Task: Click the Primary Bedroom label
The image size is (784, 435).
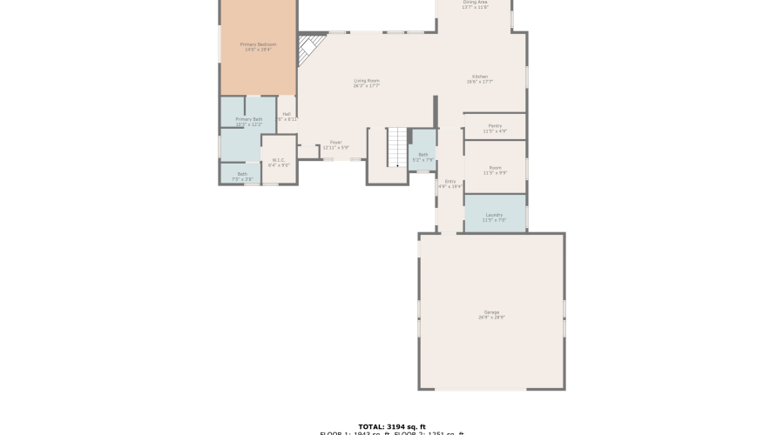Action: tap(258, 44)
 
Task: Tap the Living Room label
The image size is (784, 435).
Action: tap(366, 81)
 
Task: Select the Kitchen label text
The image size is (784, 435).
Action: tap(479, 77)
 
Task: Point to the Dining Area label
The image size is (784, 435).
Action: tap(475, 3)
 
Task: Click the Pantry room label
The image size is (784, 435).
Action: tap(495, 126)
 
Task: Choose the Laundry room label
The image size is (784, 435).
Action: tap(494, 215)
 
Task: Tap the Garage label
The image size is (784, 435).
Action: tap(491, 312)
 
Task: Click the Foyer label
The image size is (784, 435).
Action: tap(335, 142)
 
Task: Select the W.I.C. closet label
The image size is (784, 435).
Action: tap(279, 159)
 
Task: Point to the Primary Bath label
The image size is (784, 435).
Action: tap(248, 119)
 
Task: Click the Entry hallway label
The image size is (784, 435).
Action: tap(449, 181)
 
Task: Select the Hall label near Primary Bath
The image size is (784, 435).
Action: tap(287, 114)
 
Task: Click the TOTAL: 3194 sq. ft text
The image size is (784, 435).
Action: tap(391, 426)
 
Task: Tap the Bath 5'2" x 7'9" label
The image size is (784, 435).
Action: tap(422, 155)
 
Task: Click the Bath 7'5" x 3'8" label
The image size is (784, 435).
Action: tap(242, 174)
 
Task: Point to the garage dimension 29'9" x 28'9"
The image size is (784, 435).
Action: tap(491, 318)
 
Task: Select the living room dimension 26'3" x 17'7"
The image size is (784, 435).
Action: tap(366, 86)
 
